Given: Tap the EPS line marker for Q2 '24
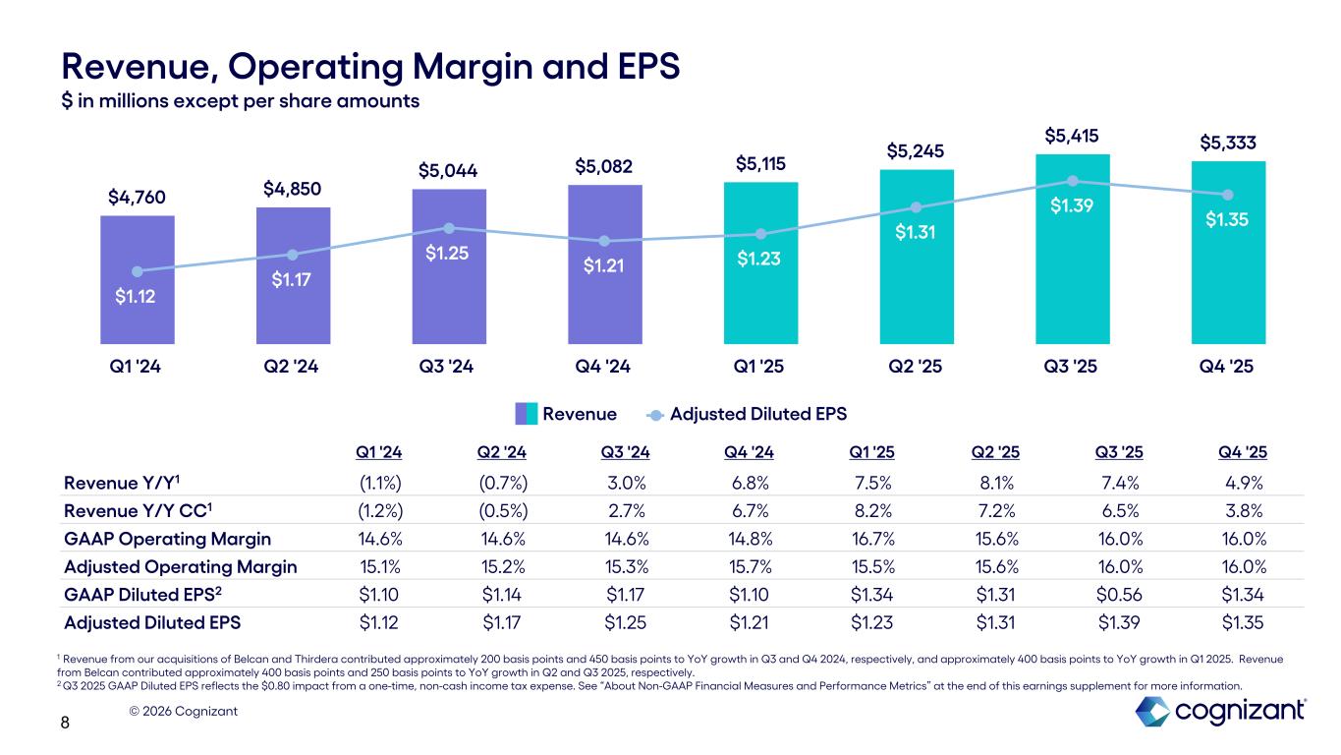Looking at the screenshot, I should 293,256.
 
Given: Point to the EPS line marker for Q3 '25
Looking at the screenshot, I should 1072,181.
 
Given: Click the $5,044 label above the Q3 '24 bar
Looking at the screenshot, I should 449,171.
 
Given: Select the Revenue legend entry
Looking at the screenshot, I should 567,413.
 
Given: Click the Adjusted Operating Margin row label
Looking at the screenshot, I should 180,566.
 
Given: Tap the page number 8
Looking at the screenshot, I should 66,725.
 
